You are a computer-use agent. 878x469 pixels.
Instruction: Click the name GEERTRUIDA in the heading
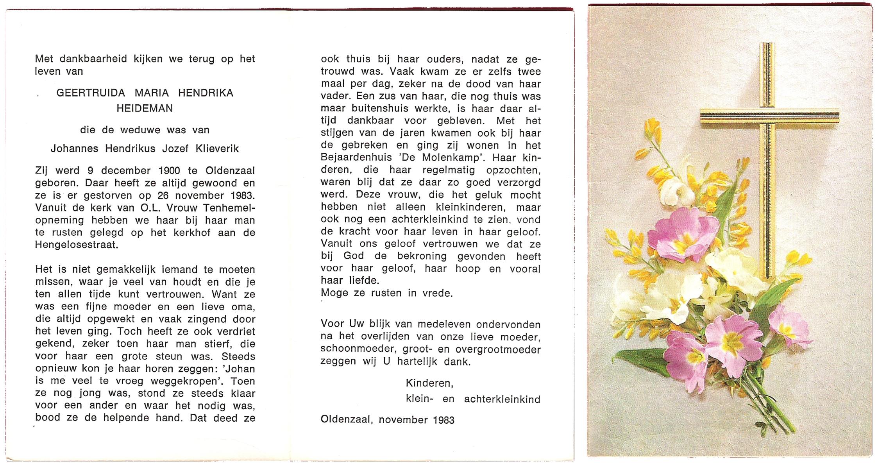91,93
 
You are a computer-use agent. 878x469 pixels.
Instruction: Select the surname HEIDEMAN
145,108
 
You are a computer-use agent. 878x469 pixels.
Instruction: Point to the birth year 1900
169,171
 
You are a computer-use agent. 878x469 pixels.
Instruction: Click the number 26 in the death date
164,196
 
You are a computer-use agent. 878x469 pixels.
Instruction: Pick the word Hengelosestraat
76,245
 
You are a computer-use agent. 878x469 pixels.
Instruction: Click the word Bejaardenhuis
359,158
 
